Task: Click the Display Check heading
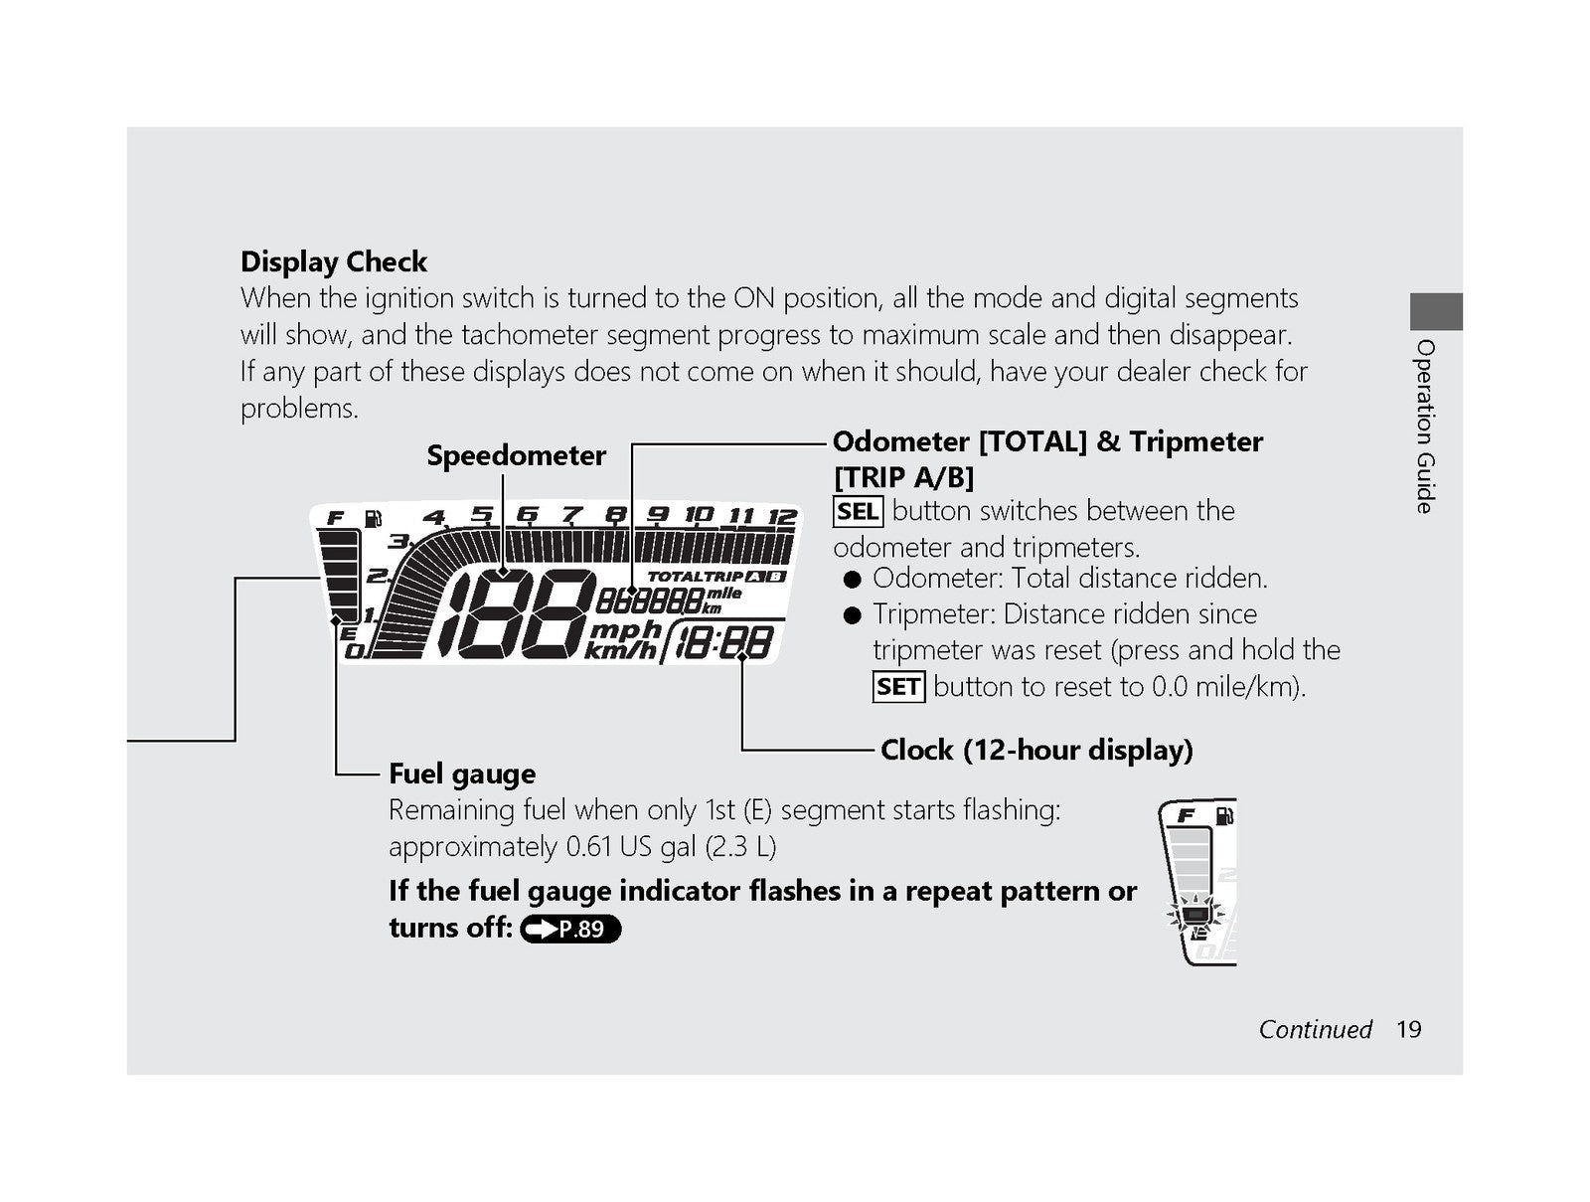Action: pyautogui.click(x=333, y=261)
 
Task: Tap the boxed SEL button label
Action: pyautogui.click(x=858, y=511)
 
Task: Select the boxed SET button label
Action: pyautogui.click(x=898, y=686)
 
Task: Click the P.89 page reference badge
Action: pyautogui.click(x=570, y=929)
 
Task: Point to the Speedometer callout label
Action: pyautogui.click(x=516, y=455)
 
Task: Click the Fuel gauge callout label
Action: pyautogui.click(x=462, y=773)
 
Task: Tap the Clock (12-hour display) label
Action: pyautogui.click(x=1036, y=750)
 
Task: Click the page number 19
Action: pyautogui.click(x=1409, y=1029)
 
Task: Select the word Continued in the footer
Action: pyautogui.click(x=1316, y=1029)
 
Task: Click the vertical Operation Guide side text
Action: pyautogui.click(x=1425, y=427)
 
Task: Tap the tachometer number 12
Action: pyautogui.click(x=782, y=516)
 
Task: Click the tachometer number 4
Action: pyautogui.click(x=434, y=517)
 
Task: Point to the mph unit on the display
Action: pyautogui.click(x=626, y=628)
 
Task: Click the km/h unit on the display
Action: pyautogui.click(x=620, y=650)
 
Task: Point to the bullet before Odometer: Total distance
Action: pyautogui.click(x=853, y=579)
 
